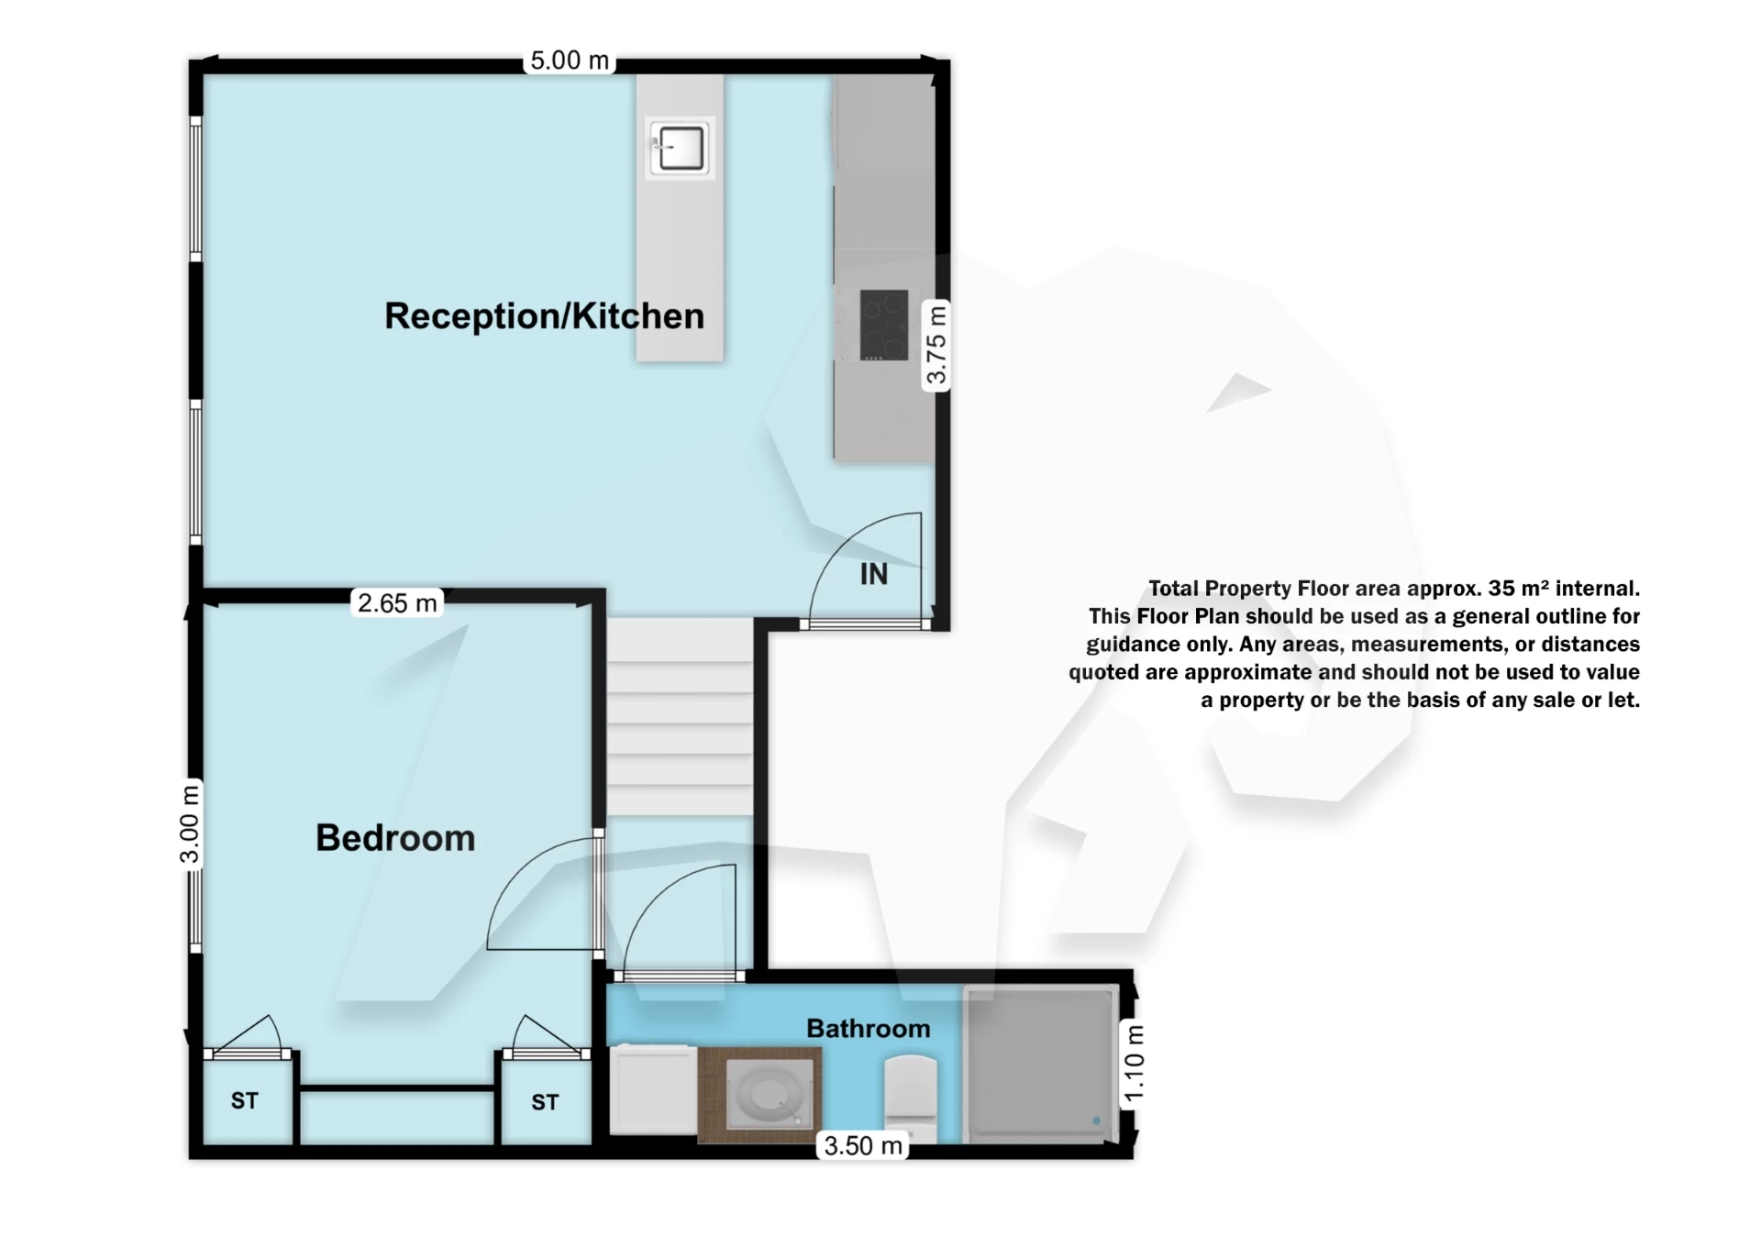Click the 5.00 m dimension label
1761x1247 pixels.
click(x=569, y=61)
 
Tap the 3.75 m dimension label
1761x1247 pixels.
click(x=935, y=346)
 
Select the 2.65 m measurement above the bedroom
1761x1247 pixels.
click(x=396, y=603)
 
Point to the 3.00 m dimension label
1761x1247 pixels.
click(x=189, y=823)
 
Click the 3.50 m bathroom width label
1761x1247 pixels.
click(x=862, y=1145)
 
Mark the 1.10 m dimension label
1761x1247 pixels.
click(x=1134, y=1064)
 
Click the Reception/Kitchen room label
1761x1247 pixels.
click(x=544, y=316)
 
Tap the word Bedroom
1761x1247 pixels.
click(x=395, y=838)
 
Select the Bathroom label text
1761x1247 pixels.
click(x=868, y=1029)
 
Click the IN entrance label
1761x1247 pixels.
click(x=873, y=574)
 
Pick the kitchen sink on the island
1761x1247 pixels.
click(x=680, y=148)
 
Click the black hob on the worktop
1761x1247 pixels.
click(x=883, y=326)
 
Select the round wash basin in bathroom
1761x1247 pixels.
click(x=769, y=1095)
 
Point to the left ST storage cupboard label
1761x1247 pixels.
click(x=244, y=1100)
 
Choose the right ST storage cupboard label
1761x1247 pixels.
click(x=545, y=1102)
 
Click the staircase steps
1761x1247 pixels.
click(x=680, y=715)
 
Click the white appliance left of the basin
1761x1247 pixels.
click(x=653, y=1091)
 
